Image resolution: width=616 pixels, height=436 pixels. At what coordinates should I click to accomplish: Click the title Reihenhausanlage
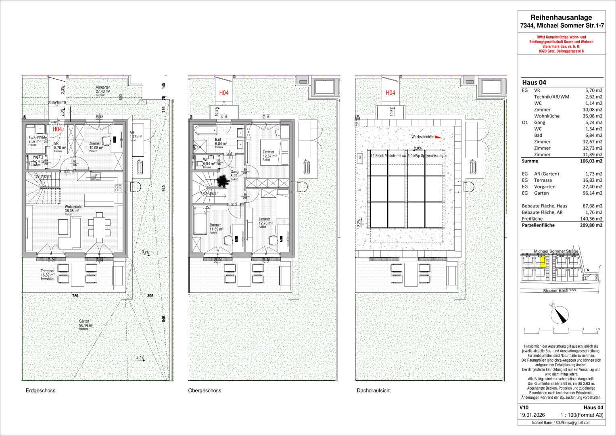coord(561,17)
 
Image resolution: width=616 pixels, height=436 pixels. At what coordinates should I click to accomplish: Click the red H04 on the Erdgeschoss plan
coord(57,129)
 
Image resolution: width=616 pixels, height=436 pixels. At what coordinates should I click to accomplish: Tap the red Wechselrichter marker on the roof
coord(438,137)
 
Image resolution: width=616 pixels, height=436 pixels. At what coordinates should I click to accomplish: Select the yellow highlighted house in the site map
coord(543,262)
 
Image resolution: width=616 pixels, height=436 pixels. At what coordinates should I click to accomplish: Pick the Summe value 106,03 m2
coord(592,161)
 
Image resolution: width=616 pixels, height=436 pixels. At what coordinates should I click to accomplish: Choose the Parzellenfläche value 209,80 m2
coord(592,225)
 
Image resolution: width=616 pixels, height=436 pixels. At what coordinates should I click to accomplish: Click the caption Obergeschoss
coord(204,391)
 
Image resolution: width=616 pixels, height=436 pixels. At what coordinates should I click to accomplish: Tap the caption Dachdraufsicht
coord(374,391)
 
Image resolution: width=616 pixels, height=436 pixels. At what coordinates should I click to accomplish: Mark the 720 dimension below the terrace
coord(75,296)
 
